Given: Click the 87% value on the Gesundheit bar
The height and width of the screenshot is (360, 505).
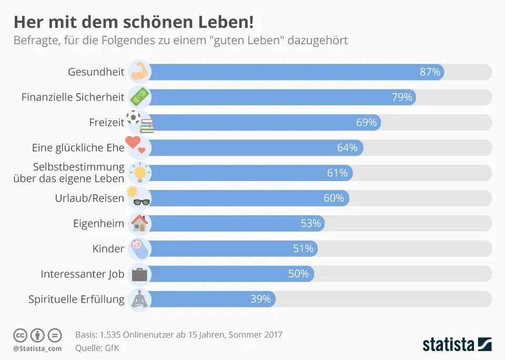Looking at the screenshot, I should click(430, 72).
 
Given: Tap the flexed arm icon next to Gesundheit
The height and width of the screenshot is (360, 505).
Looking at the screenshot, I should click(139, 72).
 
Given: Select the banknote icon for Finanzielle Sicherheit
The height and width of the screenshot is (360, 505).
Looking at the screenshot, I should click(140, 97).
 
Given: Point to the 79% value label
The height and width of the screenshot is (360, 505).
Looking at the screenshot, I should click(402, 97).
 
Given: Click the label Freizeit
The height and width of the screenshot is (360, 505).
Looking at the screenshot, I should click(107, 123).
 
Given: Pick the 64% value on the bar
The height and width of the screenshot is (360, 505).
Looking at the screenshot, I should click(347, 148).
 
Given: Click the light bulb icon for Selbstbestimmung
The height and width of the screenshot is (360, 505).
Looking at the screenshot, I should click(140, 173).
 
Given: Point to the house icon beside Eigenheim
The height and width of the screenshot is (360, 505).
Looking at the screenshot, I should click(139, 223).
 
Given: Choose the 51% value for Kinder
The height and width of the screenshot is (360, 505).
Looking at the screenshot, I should click(303, 248).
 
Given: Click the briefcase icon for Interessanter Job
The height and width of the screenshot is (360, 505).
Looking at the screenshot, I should click(140, 274).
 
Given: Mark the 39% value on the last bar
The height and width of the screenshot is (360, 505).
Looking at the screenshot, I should click(260, 299).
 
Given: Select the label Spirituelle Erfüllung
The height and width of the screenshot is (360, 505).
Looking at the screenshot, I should click(76, 299).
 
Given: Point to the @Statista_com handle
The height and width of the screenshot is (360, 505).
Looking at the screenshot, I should click(37, 348).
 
